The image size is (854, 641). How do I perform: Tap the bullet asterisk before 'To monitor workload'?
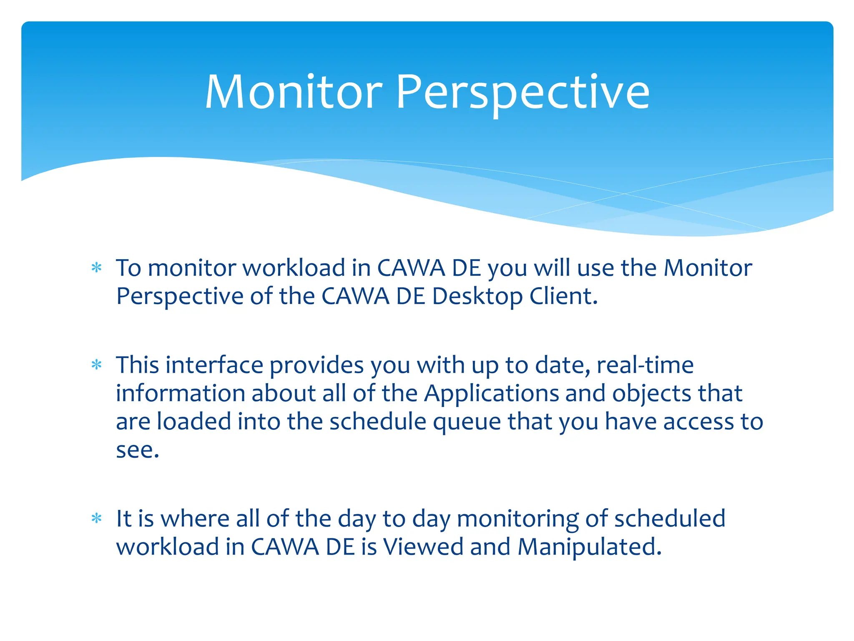96,268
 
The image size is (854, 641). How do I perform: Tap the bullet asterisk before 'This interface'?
96,365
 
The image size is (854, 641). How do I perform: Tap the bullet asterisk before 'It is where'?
96,519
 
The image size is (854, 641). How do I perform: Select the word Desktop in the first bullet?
477,296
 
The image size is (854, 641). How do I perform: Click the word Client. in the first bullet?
564,296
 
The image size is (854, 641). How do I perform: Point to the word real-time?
645,365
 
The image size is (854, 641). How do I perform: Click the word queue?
467,422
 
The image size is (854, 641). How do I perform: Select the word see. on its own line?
138,450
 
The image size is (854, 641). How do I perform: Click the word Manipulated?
589,547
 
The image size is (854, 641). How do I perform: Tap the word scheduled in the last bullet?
670,519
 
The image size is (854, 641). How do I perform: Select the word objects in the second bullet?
651,394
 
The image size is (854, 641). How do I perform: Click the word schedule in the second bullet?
378,422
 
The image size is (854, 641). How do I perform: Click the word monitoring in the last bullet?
517,519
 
